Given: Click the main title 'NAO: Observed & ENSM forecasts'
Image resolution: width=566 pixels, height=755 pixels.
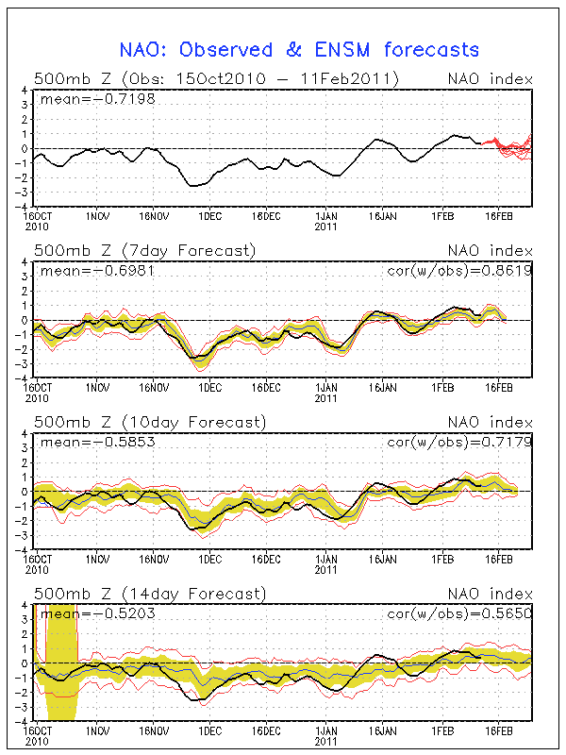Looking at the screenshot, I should click(299, 50).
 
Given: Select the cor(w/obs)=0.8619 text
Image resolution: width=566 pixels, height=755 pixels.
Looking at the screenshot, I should click(459, 270).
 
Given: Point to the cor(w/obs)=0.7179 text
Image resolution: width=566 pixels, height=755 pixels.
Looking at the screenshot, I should click(459, 442).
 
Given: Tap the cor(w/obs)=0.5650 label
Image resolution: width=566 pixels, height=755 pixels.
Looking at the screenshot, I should click(459, 613).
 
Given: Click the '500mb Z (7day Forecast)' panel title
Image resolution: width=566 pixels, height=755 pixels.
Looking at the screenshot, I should click(144, 251).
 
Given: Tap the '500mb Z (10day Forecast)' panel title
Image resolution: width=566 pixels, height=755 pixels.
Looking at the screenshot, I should click(149, 422).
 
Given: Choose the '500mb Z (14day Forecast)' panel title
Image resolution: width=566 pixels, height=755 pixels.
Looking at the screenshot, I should click(149, 594).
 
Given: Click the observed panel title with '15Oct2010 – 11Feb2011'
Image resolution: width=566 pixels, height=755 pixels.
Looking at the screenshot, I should click(215, 79).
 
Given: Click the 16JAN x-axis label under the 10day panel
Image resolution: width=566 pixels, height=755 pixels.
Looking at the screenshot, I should click(382, 559).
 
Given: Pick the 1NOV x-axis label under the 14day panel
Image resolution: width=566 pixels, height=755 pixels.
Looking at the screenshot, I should click(97, 730).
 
